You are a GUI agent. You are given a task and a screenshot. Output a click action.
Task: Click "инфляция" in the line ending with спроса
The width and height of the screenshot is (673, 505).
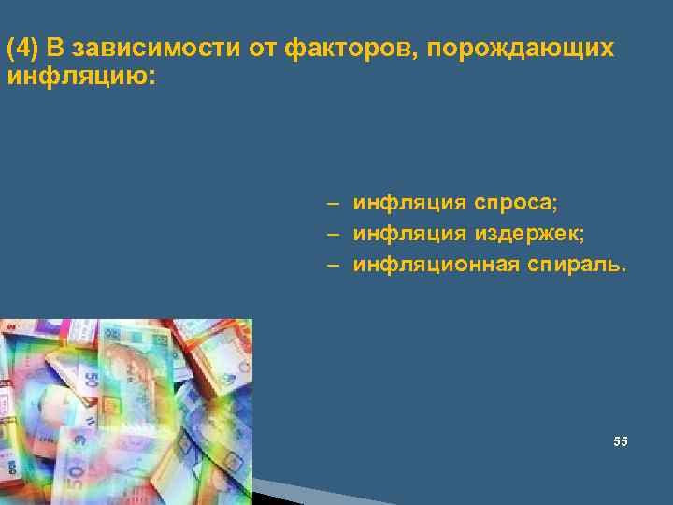[x=408, y=202]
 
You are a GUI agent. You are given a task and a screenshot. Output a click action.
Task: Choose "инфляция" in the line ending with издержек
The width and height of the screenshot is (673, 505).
[x=408, y=233]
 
